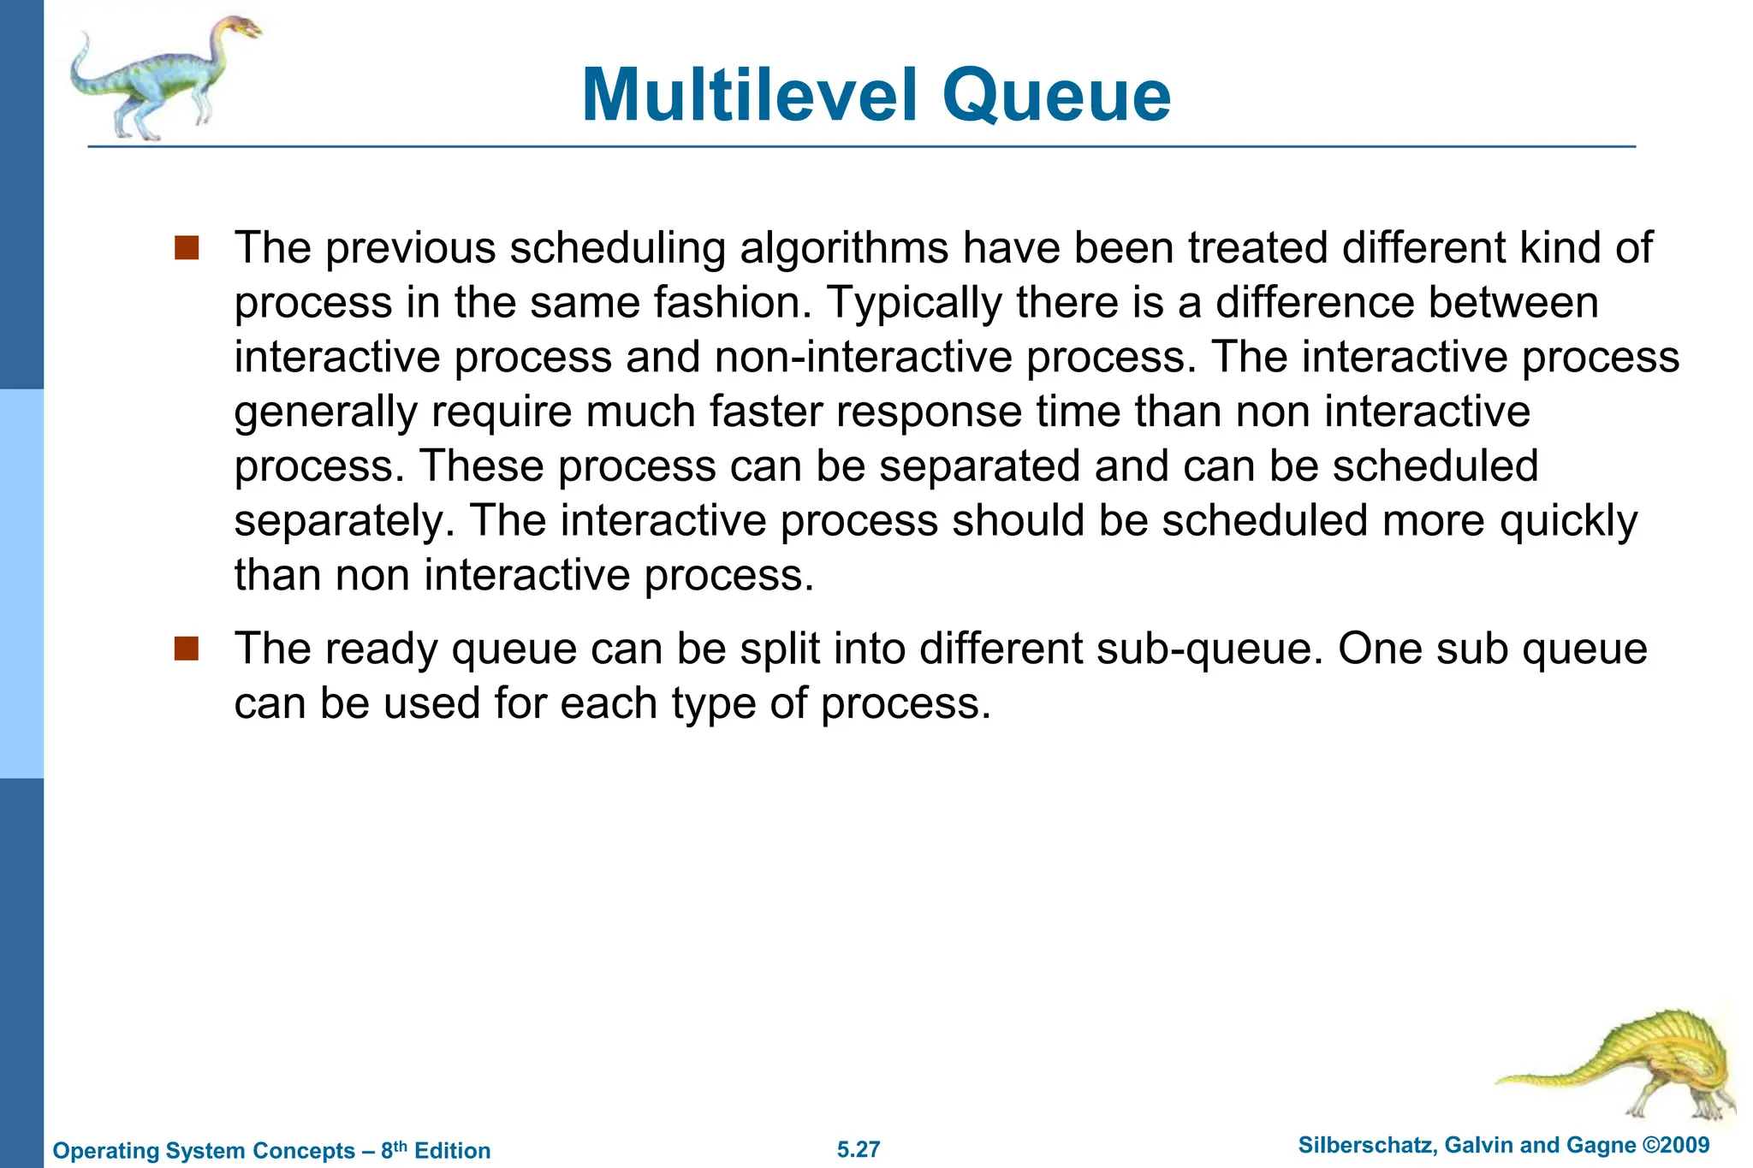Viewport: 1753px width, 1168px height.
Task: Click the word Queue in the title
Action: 1056,96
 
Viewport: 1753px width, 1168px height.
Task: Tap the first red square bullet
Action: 186,248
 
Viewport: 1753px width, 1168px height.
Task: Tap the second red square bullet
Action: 186,649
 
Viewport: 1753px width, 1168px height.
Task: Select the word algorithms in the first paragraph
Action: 844,248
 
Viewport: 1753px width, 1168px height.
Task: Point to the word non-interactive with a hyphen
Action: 864,357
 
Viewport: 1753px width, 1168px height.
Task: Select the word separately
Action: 344,521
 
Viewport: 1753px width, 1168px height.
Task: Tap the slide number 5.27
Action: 859,1149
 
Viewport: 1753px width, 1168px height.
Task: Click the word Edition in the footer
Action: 452,1151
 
